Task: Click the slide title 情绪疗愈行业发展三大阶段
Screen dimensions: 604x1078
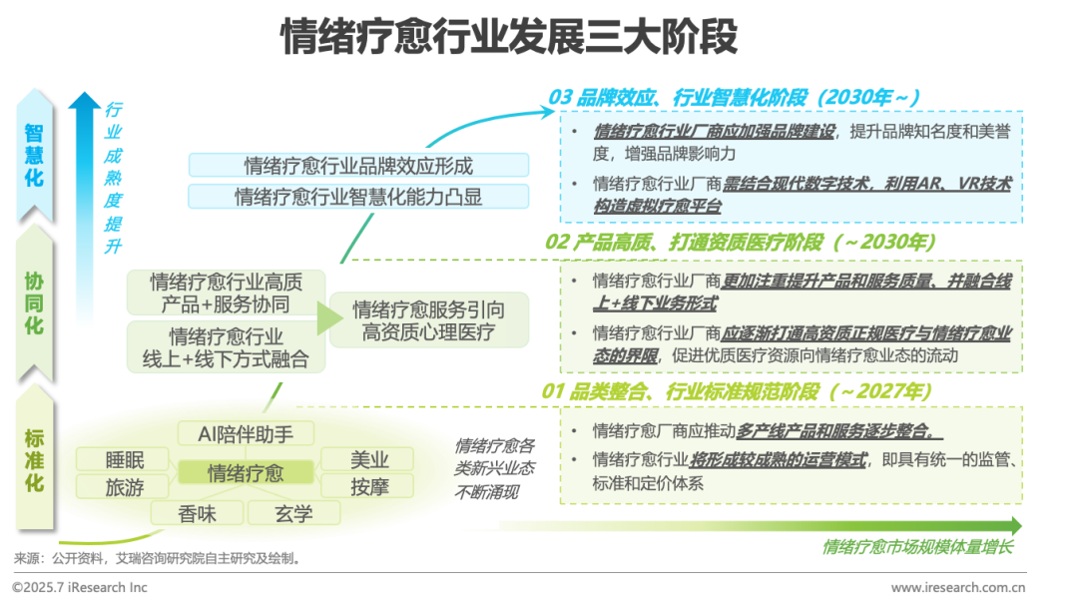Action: pyautogui.click(x=509, y=37)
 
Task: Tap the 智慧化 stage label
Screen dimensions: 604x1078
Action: pyautogui.click(x=34, y=154)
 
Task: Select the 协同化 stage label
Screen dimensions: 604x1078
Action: pyautogui.click(x=34, y=299)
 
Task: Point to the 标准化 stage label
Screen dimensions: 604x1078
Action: pyautogui.click(x=34, y=460)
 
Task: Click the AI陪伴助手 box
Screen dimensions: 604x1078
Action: pyautogui.click(x=246, y=433)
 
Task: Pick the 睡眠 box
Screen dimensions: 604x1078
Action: pyautogui.click(x=125, y=459)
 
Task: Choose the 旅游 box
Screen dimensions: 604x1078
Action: pyautogui.click(x=125, y=487)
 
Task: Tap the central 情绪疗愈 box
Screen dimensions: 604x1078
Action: pyautogui.click(x=246, y=472)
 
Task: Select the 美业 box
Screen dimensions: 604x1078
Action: pyautogui.click(x=369, y=459)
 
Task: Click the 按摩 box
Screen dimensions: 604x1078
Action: pyautogui.click(x=369, y=487)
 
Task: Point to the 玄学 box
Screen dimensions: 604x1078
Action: pyautogui.click(x=294, y=513)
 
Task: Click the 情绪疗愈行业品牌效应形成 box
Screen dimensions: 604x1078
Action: pyautogui.click(x=358, y=166)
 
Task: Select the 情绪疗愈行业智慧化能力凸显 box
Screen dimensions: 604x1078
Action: pyautogui.click(x=358, y=197)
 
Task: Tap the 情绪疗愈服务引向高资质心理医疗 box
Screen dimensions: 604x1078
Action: pyautogui.click(x=429, y=320)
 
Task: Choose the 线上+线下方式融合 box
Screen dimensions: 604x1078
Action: pyautogui.click(x=226, y=347)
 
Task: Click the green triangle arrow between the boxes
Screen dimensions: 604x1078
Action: pyautogui.click(x=329, y=319)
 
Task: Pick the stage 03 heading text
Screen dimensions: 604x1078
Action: pyautogui.click(x=733, y=97)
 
